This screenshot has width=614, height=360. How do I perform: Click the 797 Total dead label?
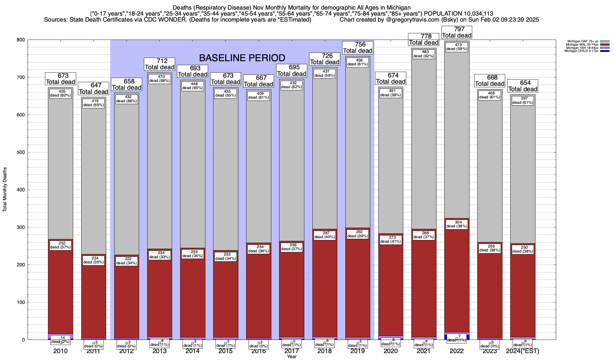point(457,32)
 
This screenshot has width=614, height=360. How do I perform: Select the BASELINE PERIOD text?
point(242,58)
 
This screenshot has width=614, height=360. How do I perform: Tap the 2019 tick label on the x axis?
point(358,351)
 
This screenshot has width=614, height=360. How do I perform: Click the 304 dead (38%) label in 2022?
point(457,224)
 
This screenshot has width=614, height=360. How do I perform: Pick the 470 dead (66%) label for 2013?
point(159,79)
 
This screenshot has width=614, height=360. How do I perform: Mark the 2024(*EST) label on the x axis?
point(523,351)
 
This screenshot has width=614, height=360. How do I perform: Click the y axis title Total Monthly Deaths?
point(5,190)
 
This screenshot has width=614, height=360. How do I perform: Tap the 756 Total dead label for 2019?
point(358,48)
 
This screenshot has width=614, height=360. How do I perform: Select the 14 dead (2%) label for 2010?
point(61,340)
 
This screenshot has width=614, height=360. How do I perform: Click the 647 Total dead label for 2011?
point(94,89)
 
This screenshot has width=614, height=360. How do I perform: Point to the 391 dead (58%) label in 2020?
point(391,93)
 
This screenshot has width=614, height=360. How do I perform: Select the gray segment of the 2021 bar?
point(424,144)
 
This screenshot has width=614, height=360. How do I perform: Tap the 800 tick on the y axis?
point(22,40)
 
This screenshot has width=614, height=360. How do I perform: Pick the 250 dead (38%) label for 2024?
point(523,250)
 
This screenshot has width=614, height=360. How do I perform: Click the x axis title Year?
point(291,357)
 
